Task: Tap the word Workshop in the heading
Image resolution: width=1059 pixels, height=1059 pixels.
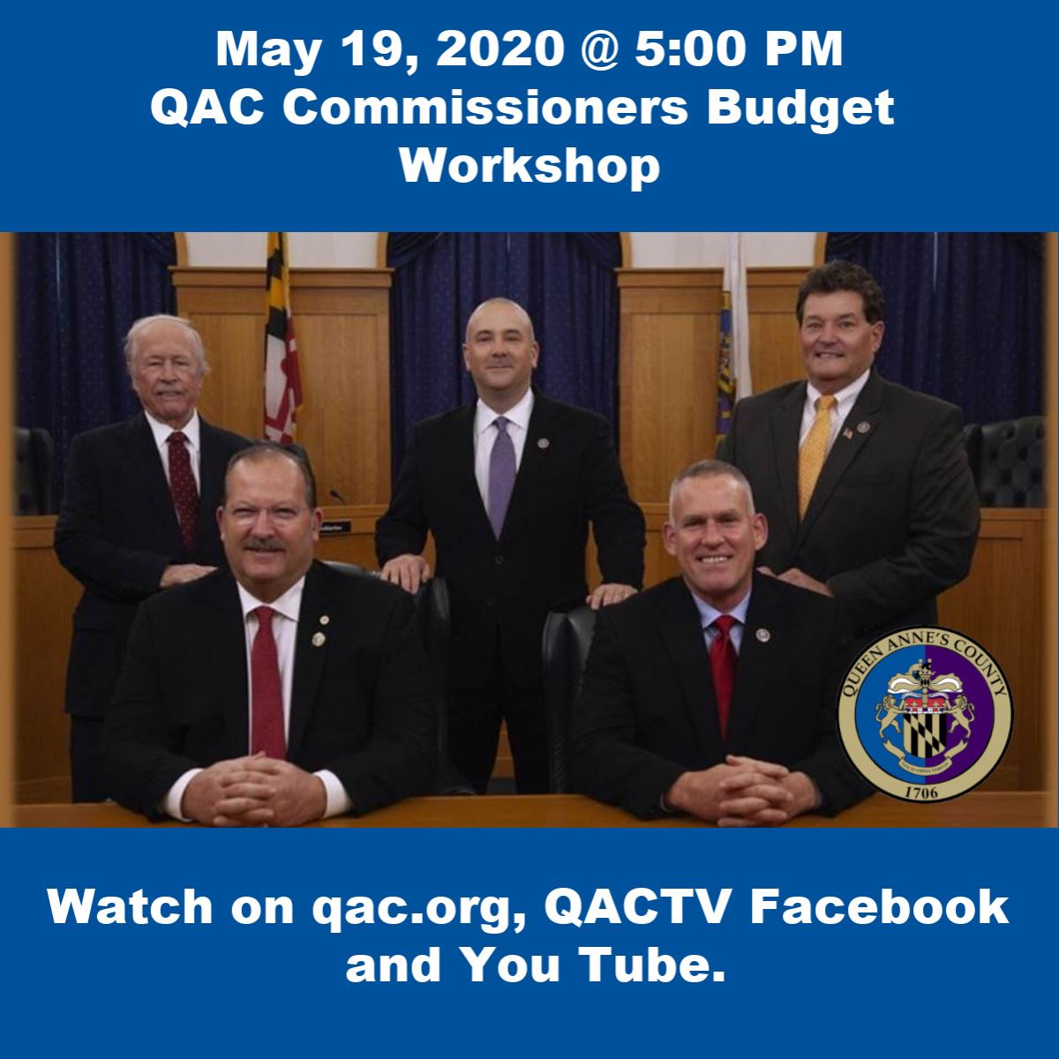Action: coord(529,165)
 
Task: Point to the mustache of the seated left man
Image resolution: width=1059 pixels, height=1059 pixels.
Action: coord(264,545)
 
